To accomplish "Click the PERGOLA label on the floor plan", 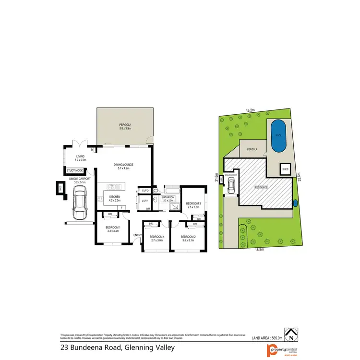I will pos(125,126).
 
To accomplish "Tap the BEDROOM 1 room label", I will pos(113,228).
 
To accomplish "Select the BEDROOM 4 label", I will pos(156,238).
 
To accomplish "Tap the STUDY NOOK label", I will pos(74,170).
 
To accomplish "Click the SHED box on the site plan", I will pos(285,169).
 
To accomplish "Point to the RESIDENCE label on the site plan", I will pos(261,186).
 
